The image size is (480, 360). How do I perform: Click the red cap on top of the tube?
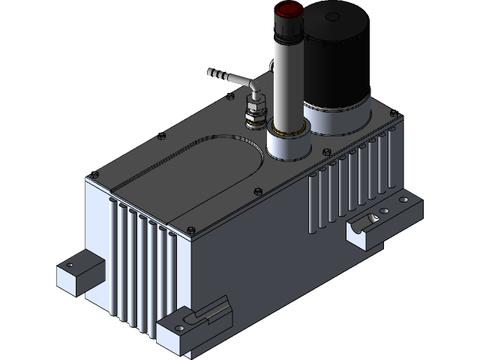(x=288, y=10)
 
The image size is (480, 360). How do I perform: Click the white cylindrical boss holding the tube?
(x=287, y=147)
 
